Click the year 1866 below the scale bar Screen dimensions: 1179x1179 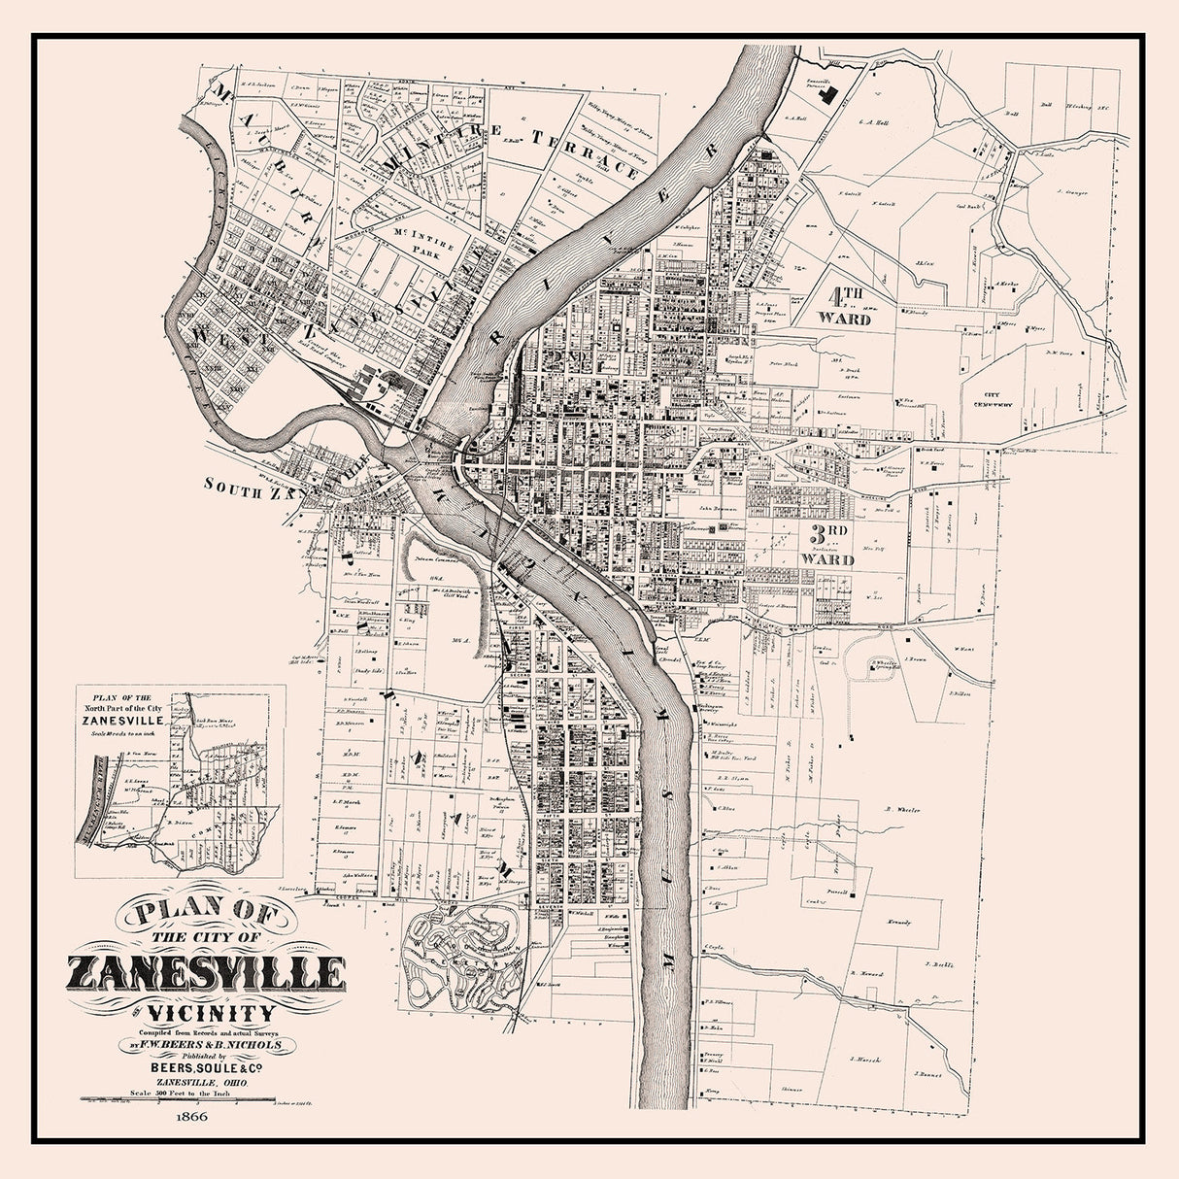(x=192, y=1116)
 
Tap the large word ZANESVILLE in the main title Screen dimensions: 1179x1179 (x=206, y=972)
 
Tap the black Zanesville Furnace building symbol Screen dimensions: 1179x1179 (x=830, y=94)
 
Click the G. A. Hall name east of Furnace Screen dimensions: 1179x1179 (x=874, y=123)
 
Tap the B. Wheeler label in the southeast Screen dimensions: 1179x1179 (x=902, y=809)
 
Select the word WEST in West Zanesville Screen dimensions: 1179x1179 (x=216, y=337)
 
